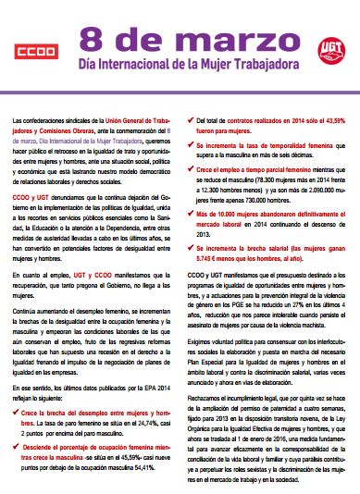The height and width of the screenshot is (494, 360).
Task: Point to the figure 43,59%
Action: (338, 121)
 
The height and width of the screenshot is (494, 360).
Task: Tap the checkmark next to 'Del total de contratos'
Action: (189, 121)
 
